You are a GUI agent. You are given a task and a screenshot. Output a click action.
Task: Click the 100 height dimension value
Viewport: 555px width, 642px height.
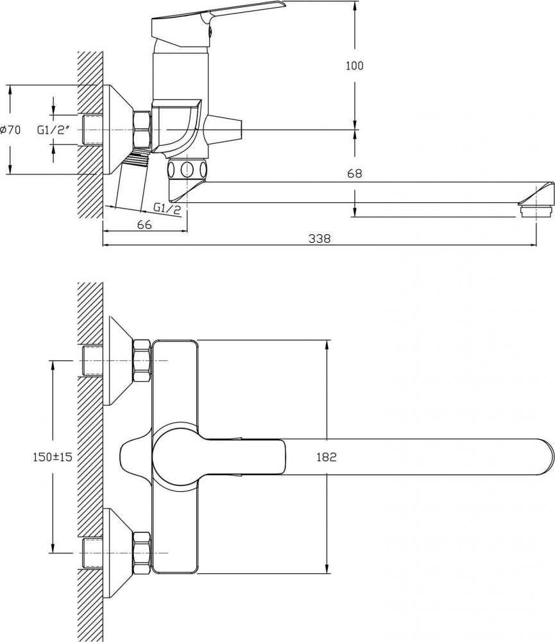354,65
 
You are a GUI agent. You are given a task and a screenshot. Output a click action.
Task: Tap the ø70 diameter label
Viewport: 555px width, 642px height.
11,130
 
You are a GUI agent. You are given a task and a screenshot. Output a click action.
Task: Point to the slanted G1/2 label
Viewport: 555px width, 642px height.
167,209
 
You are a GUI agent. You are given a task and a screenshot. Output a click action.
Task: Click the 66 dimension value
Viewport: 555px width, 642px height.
145,224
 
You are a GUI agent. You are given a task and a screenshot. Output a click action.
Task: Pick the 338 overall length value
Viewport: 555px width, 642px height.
320,238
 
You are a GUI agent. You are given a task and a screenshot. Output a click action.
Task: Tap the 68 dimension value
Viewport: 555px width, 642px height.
354,173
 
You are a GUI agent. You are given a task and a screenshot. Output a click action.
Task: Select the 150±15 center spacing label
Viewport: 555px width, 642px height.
53,456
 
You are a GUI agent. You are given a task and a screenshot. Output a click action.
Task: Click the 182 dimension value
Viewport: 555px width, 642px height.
327,457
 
